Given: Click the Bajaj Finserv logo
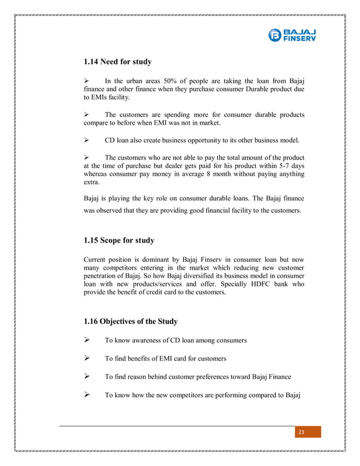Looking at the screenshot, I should coord(292,34).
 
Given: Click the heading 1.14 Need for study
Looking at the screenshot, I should coord(117,61).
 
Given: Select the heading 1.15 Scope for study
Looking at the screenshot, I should coord(118,240).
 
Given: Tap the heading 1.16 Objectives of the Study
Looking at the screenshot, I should coord(130,322).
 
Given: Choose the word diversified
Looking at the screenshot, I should coord(172,276).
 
